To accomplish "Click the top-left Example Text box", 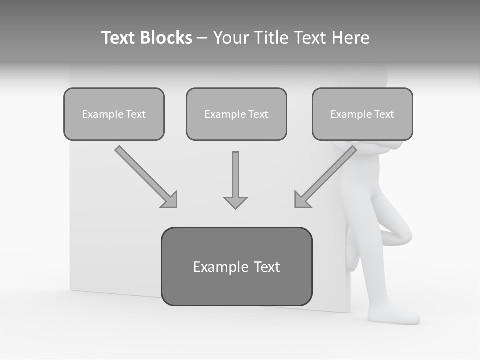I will coord(114,114).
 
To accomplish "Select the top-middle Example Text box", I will coord(236,114).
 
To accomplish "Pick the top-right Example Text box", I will coord(362,114).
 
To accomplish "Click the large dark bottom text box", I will coord(236,266).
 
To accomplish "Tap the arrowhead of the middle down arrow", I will coord(235,202).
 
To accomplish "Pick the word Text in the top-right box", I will coord(383,114).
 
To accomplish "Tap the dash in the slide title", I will coord(202,38).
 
